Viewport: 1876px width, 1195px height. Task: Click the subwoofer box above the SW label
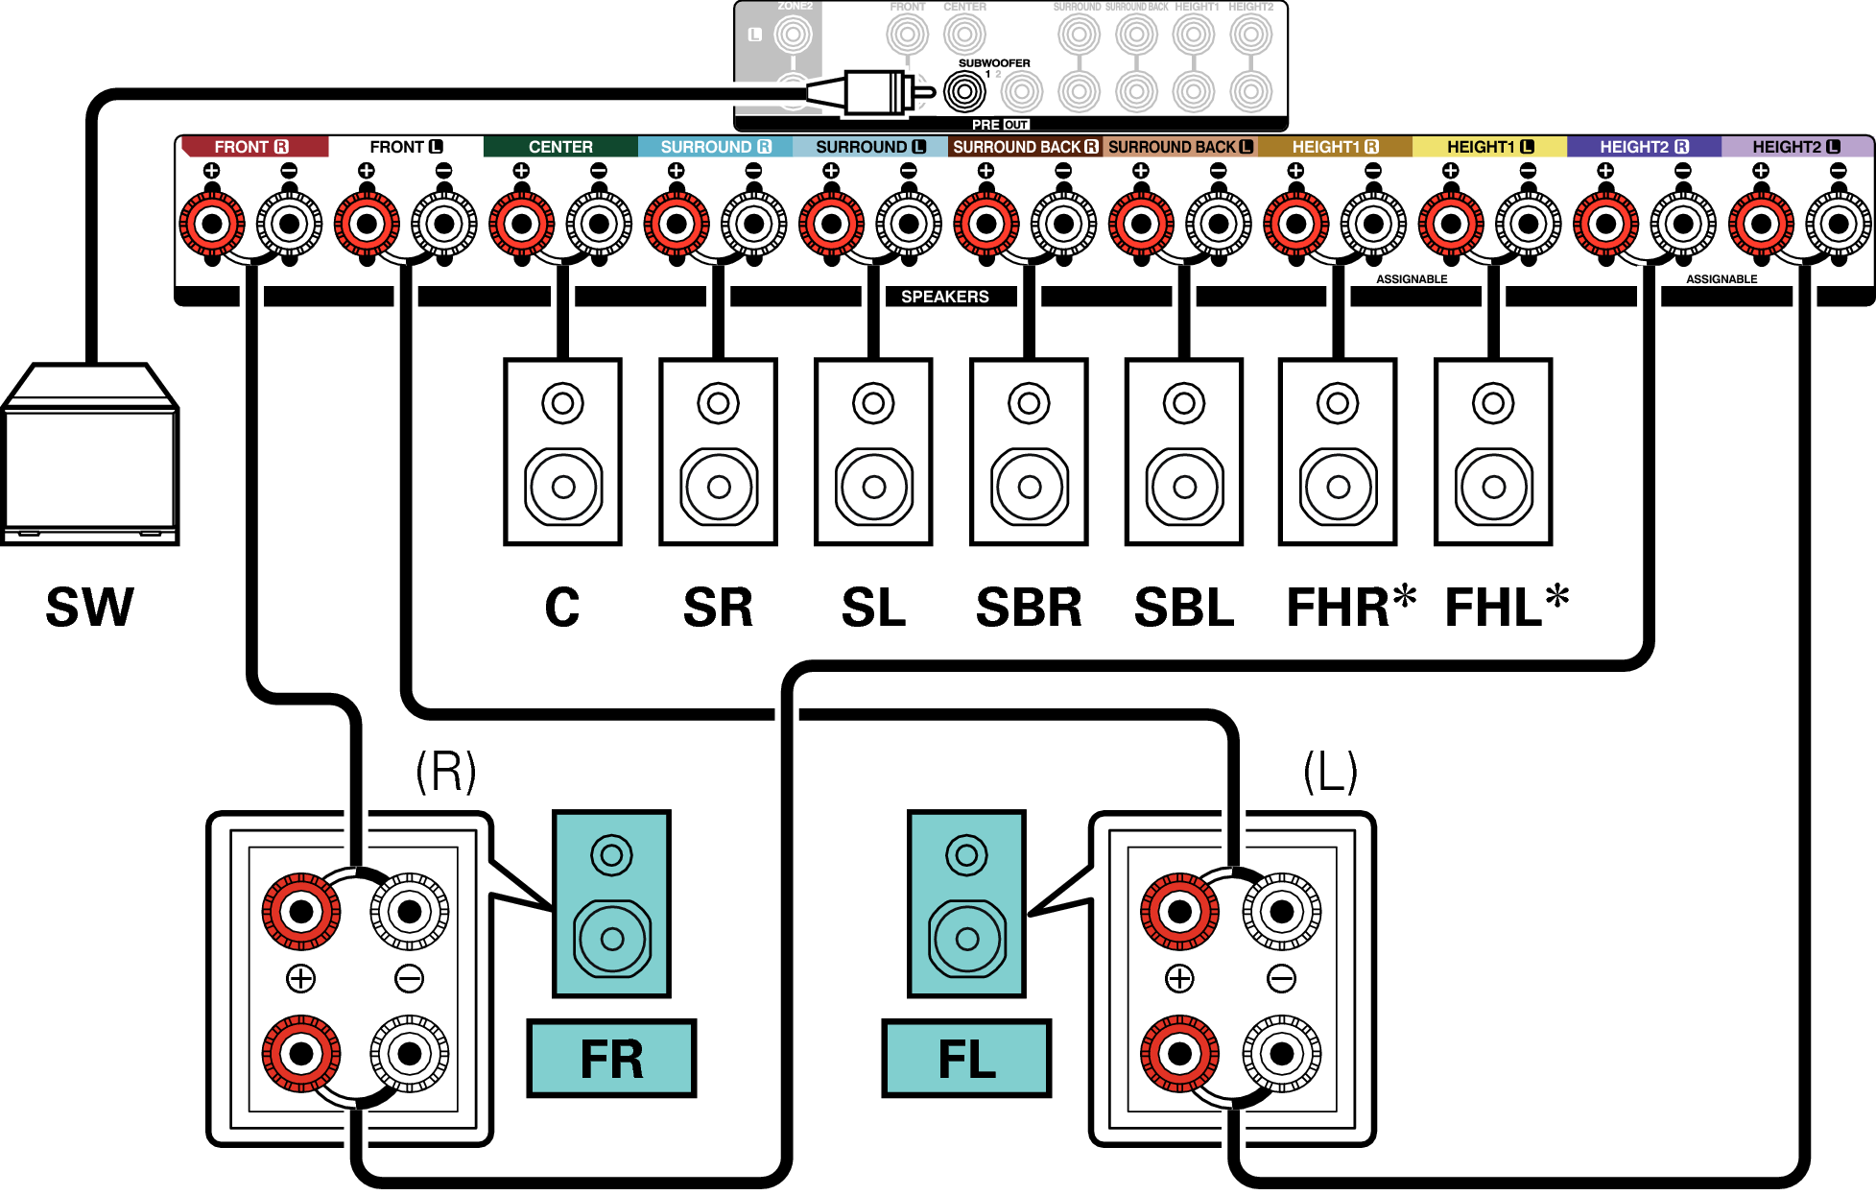pos(90,456)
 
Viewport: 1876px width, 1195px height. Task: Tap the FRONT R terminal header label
pos(251,147)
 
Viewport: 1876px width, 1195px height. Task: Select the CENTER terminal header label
pos(560,147)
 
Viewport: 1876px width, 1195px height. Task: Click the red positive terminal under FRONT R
pos(212,225)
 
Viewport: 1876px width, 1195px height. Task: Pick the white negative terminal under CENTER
pos(599,225)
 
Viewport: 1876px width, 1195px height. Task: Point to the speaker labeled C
pos(562,452)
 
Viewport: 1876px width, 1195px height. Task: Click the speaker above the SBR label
pos(1029,452)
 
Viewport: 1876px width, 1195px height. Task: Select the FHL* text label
pos(1506,607)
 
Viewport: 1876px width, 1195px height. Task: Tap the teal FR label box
pos(611,1059)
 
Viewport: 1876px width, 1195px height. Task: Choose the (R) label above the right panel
pos(445,772)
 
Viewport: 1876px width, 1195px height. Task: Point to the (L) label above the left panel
pos(1330,772)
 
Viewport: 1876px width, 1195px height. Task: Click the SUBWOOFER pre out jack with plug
pos(963,92)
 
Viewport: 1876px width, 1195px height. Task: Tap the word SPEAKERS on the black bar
pos(944,297)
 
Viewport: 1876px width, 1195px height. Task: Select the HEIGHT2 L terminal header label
pos(1795,147)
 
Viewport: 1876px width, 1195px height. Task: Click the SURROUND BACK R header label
pos(1025,147)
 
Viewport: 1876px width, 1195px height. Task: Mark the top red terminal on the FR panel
pos(301,911)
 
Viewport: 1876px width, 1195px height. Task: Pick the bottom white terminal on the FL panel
pos(1281,1053)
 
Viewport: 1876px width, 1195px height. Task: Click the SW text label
pos(90,607)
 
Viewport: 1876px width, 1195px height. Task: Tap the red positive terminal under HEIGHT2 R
pos(1605,225)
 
